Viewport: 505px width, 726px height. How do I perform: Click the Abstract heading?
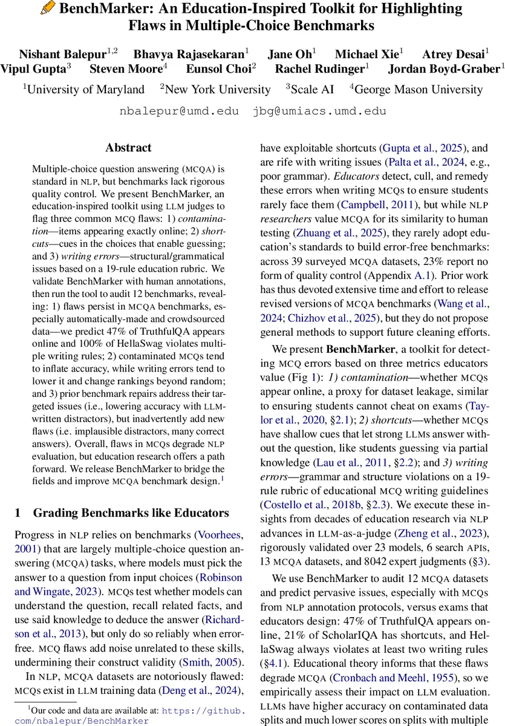point(128,148)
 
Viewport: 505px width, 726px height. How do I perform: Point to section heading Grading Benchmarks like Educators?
point(131,514)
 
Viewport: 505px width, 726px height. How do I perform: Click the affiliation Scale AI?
point(312,90)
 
